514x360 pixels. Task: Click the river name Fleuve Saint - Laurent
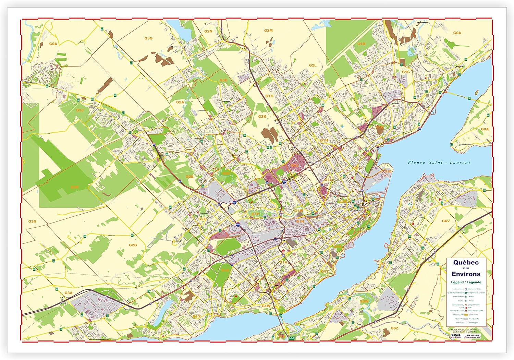pos(439,163)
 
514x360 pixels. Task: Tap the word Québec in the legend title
pos(466,262)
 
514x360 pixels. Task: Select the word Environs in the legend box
pos(466,274)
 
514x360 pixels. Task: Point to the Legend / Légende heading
pos(466,282)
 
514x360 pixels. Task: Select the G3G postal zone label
pos(148,38)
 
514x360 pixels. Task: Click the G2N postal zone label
pos(208,31)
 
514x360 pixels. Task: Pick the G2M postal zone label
pos(268,31)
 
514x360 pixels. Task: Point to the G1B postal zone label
pos(361,44)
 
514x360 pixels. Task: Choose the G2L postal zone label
pos(313,65)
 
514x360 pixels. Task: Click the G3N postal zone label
pos(32,221)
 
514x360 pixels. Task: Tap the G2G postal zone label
pos(133,245)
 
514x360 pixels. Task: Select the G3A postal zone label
pos(69,293)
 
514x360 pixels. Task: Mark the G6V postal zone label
pos(445,221)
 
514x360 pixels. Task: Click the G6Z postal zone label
pos(394,328)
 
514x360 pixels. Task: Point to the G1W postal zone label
pos(266,305)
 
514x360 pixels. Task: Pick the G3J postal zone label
pos(80,110)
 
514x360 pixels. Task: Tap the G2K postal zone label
pos(262,117)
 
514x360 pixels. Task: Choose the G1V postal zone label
pos(283,262)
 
